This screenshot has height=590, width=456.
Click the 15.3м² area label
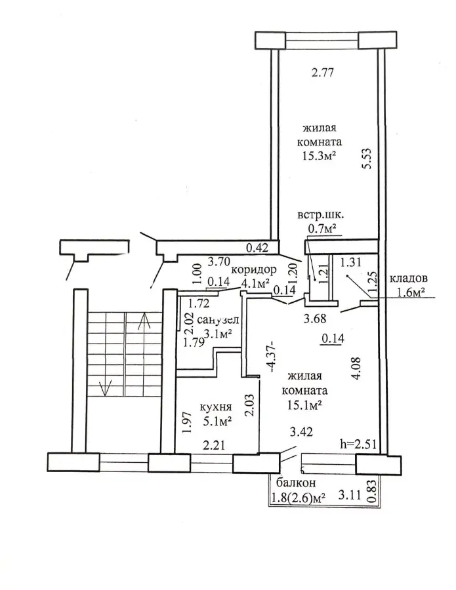[x=320, y=155]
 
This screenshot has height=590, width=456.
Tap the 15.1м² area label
[x=304, y=404]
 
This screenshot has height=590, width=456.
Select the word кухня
[x=215, y=406]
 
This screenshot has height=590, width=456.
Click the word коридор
[x=254, y=270]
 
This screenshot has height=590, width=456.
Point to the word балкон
[x=296, y=482]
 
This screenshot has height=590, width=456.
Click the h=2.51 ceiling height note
[x=359, y=444]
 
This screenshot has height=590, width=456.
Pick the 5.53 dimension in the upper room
[x=367, y=159]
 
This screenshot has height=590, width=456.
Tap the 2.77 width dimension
[x=323, y=72]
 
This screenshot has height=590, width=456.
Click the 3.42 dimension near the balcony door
[x=301, y=431]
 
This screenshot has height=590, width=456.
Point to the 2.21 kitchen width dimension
[x=214, y=446]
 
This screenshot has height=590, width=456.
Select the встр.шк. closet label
[x=320, y=216]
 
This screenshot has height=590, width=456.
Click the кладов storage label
[x=408, y=279]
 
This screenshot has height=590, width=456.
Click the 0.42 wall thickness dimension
[x=257, y=248]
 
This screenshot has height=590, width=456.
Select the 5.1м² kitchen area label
[x=217, y=421]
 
